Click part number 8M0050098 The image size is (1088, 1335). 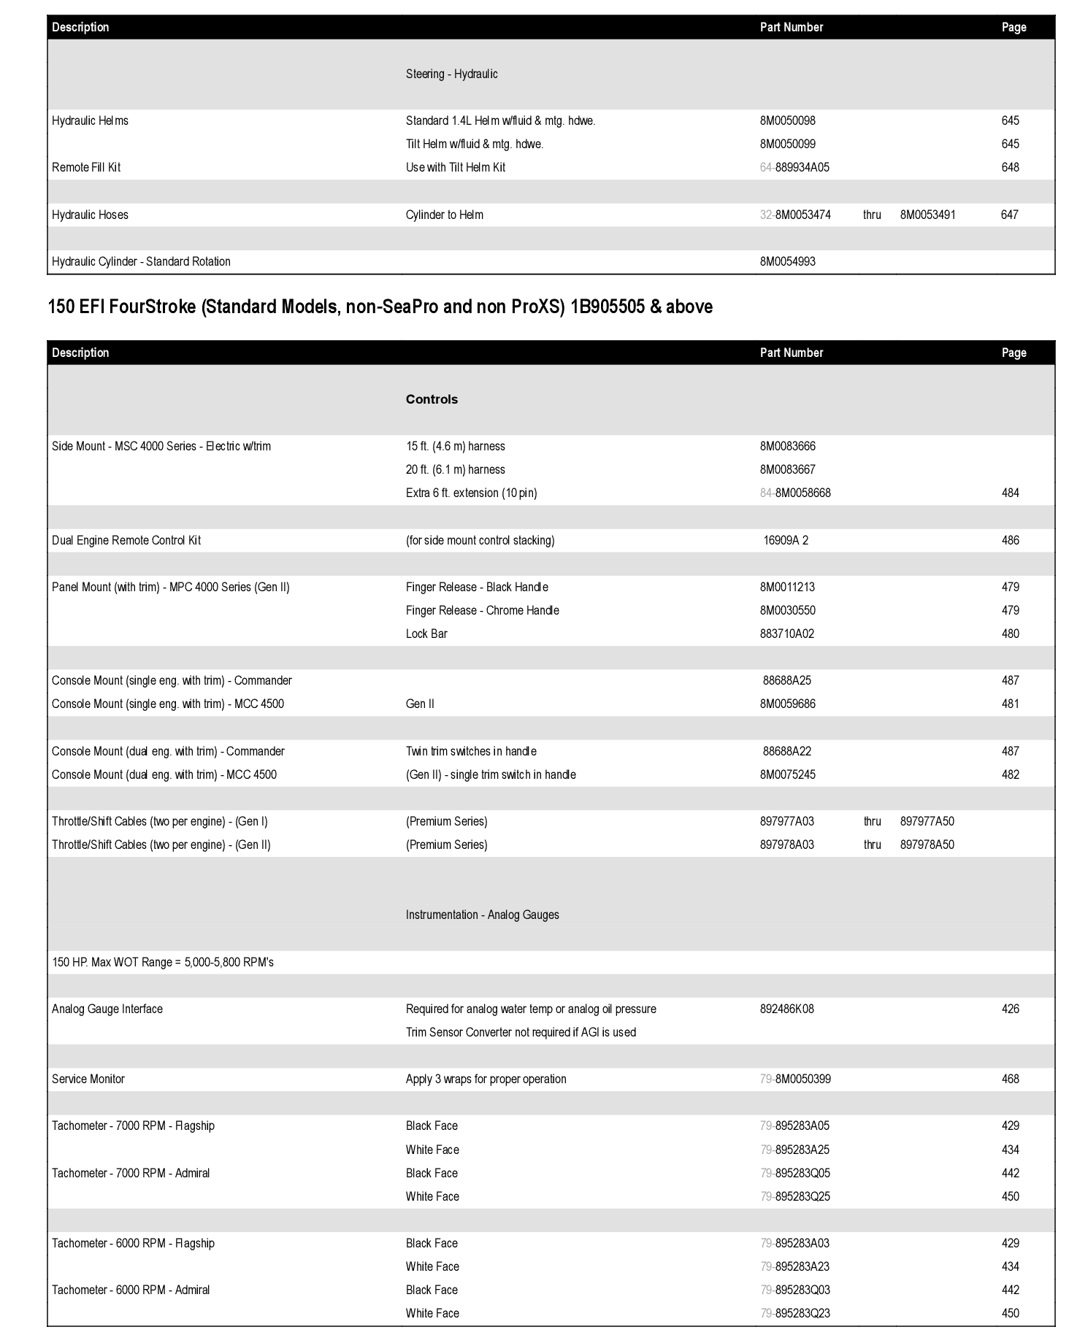[787, 121]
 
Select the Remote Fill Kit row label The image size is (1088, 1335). [86, 168]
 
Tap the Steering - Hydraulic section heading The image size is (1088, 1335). [451, 74]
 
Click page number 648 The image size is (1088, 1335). [1010, 168]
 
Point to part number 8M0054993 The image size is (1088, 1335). [787, 262]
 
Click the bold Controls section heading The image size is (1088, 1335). [432, 400]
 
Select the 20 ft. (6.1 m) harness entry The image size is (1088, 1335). [455, 470]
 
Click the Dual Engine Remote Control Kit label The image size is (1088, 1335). [126, 541]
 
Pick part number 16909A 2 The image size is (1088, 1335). [785, 541]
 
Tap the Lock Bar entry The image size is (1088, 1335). [426, 634]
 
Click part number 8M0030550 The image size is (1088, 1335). [787, 611]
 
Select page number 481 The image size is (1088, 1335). [1010, 704]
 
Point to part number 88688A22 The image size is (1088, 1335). [786, 752]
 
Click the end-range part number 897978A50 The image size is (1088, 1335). [927, 845]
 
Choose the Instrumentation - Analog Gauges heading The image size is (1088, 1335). [482, 915]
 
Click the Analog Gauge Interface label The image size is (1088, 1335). [107, 1009]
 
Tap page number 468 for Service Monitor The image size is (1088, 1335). [1010, 1080]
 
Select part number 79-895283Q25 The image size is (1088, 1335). [794, 1197]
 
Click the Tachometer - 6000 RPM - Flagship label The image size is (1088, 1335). [133, 1244]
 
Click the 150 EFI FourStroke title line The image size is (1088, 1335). [380, 307]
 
